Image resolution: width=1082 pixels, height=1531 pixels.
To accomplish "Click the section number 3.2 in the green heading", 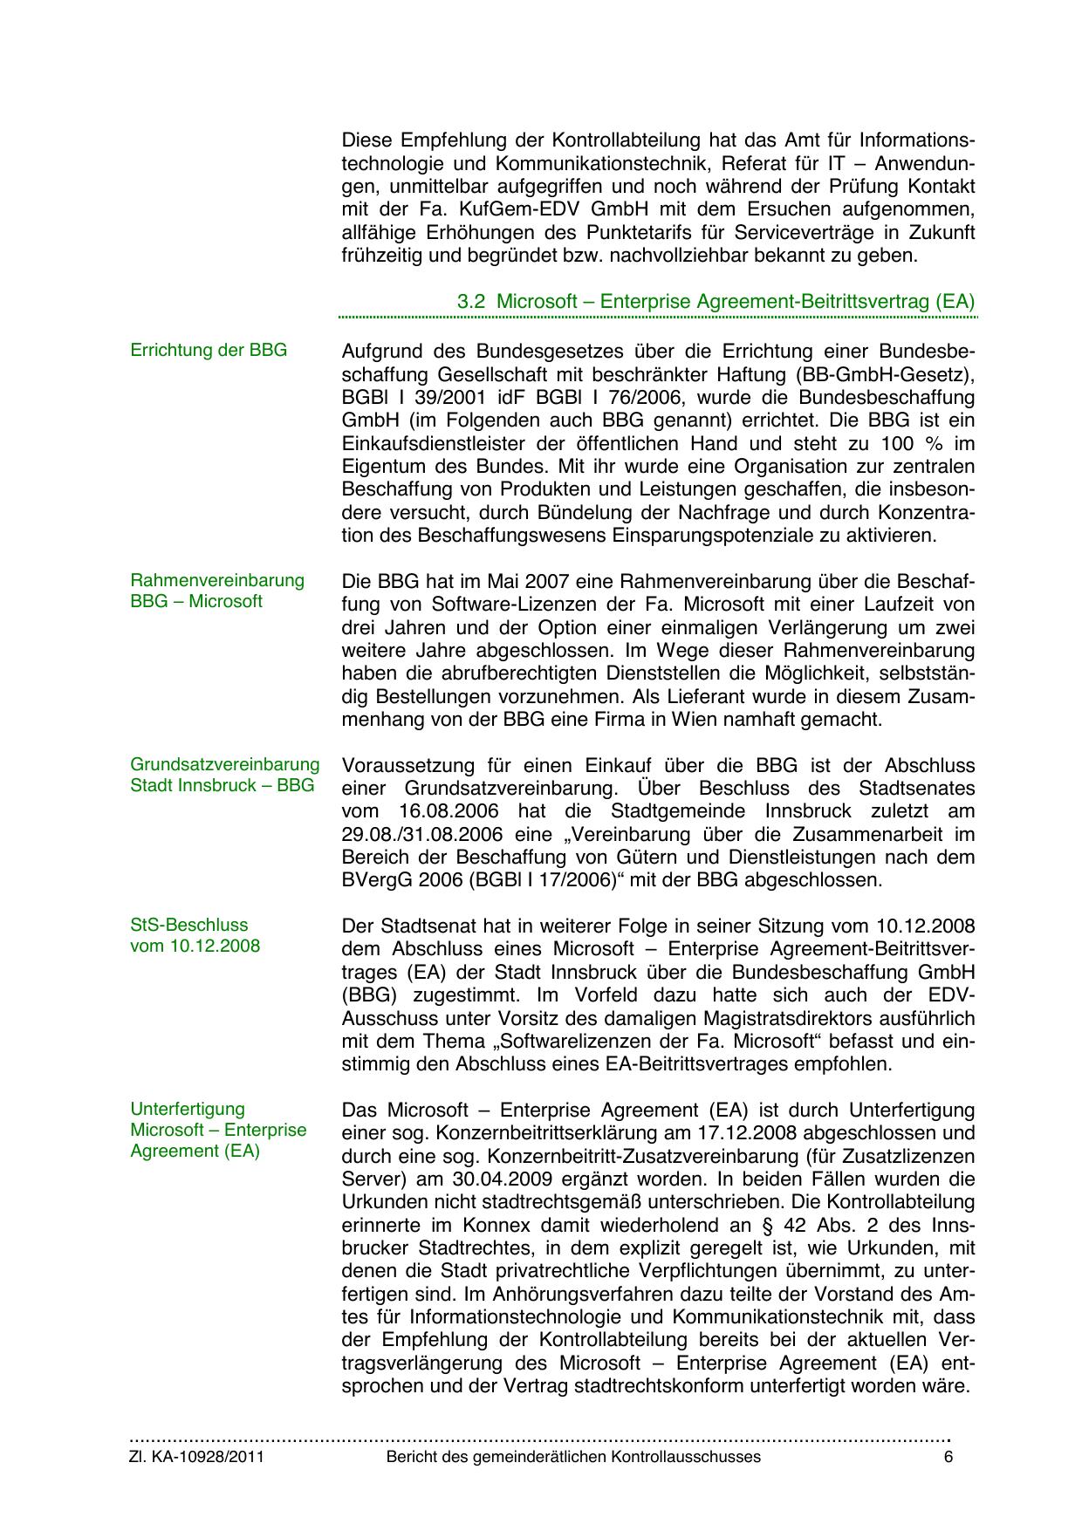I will coord(471,302).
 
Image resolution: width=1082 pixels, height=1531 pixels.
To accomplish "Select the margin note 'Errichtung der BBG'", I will coord(209,351).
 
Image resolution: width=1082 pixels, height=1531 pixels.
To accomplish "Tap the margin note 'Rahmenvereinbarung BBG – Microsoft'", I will coord(217,591).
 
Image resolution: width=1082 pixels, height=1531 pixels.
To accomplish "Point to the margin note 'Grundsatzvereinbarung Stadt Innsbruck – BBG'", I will coord(225,775).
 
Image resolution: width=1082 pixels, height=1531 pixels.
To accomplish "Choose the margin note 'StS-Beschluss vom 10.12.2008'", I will coord(195,935).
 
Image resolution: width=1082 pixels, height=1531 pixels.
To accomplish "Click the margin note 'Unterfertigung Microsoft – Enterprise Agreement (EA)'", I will coord(218,1130).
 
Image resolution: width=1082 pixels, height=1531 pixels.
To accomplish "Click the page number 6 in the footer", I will coord(948,1458).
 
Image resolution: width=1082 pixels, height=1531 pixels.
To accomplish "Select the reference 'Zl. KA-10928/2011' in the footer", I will coord(196,1458).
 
